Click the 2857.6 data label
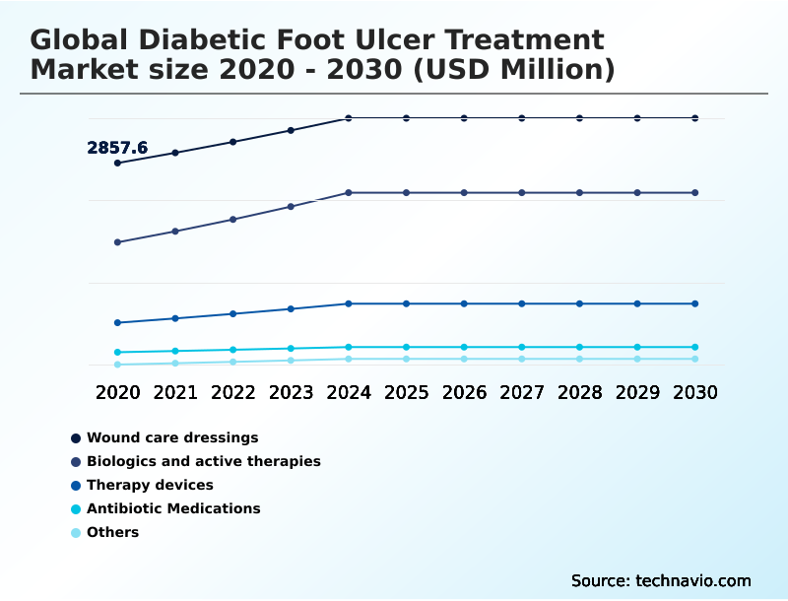coord(117,148)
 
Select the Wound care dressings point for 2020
coord(118,163)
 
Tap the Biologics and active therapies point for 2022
coord(233,219)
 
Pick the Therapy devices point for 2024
coord(349,303)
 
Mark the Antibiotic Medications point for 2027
coord(522,347)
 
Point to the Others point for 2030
coord(695,359)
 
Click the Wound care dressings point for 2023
coord(291,130)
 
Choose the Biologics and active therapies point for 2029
coord(637,192)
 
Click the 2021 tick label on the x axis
coord(175,392)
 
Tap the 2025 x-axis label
coord(406,392)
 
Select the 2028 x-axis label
coord(579,392)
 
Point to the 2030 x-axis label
coord(695,392)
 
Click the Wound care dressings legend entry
coord(172,437)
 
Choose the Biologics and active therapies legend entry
coord(203,461)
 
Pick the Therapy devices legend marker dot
coord(76,486)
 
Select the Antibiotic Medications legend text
coord(173,508)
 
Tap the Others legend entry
coord(112,532)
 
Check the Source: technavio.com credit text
coord(661,580)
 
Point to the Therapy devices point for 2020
coord(118,322)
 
